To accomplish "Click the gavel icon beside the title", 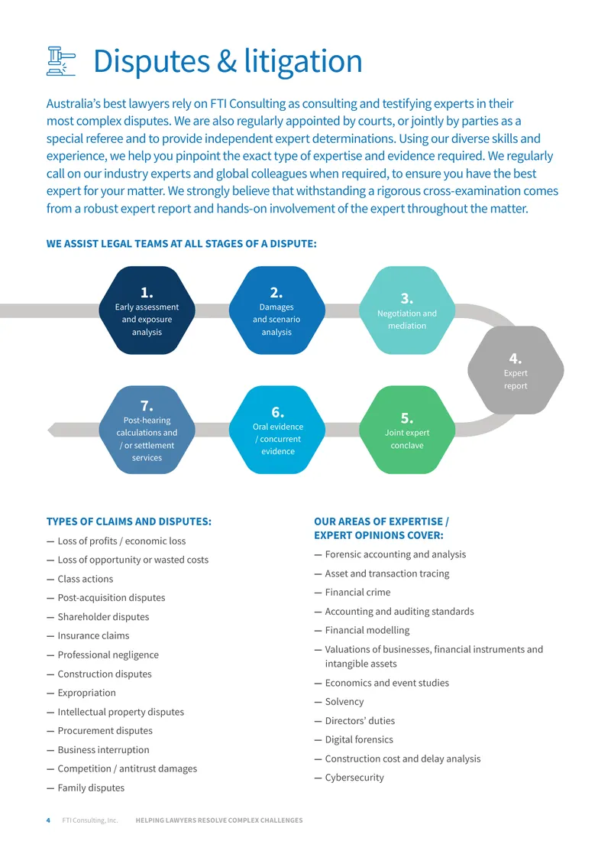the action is tap(61, 60).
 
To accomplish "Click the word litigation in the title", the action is tap(303, 60).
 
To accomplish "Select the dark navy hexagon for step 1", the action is tap(147, 310).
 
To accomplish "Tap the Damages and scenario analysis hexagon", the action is tap(277, 310).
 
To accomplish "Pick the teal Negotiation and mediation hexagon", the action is tap(407, 310).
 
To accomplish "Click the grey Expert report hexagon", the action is tap(516, 370).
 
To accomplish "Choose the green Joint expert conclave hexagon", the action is tap(407, 429).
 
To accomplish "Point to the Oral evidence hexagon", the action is tap(277, 429).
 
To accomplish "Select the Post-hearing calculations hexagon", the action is tap(147, 429).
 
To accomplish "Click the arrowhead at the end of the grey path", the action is tap(52, 430).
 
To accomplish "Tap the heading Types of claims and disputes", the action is tap(129, 521).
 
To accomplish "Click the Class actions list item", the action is tap(86, 579).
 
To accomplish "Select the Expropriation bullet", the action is tap(87, 693).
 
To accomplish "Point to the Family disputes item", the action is tap(91, 788).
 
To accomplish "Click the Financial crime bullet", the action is tap(357, 593).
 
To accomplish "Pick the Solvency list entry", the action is tap(344, 702).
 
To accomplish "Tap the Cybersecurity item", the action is tap(354, 778).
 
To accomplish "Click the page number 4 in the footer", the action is tap(48, 820).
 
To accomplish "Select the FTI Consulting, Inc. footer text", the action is tap(89, 820).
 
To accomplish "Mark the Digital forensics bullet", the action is tap(359, 739).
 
